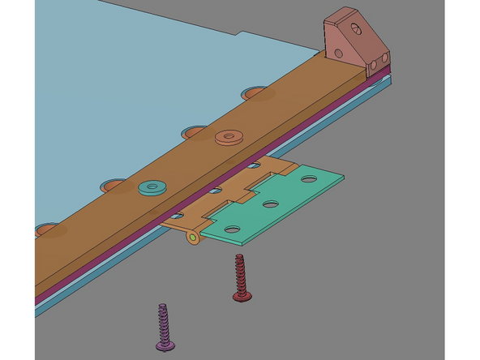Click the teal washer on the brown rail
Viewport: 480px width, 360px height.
(x=151, y=188)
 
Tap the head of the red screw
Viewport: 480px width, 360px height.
(x=242, y=297)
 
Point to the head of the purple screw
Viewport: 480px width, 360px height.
(x=167, y=346)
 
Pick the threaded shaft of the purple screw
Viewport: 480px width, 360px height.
(x=164, y=320)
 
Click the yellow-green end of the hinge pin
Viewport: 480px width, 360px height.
(x=192, y=238)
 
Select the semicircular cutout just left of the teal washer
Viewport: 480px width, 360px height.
(x=116, y=186)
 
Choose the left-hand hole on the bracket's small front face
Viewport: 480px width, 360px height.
(x=373, y=63)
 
